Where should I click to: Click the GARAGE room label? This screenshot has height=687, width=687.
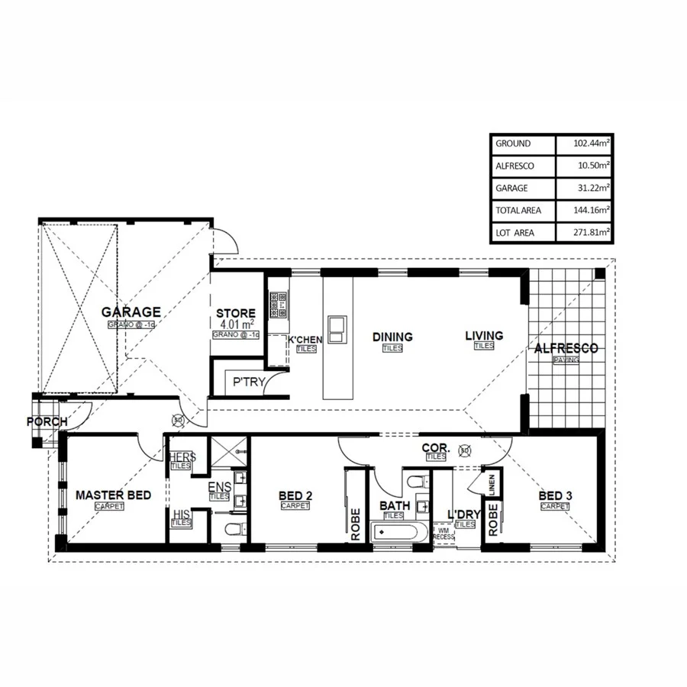(x=132, y=311)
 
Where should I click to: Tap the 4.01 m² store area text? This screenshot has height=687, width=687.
(x=235, y=324)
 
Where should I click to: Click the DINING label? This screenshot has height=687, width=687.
(x=392, y=337)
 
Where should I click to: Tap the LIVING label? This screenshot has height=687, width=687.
(x=485, y=335)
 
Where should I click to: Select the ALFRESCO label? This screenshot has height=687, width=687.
(x=566, y=348)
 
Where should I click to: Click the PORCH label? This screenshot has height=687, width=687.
(x=47, y=421)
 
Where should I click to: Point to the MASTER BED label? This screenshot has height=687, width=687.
(x=113, y=495)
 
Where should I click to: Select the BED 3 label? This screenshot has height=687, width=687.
(x=555, y=495)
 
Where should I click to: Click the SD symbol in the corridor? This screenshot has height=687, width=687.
(x=465, y=451)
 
